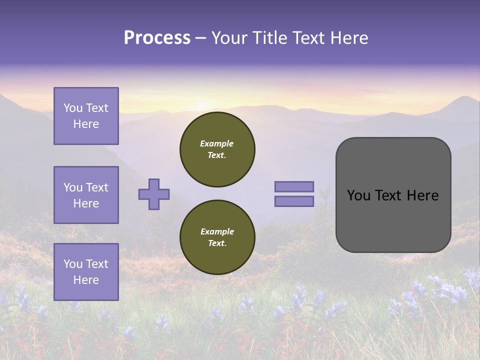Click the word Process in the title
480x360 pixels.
tap(157, 38)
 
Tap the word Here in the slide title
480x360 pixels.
tap(348, 38)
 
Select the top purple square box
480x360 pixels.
tap(86, 116)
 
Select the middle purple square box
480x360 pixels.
tap(86, 195)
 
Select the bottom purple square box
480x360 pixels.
tap(86, 272)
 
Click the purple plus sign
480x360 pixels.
tap(154, 194)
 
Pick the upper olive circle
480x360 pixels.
tap(217, 149)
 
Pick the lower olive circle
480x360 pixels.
tap(217, 237)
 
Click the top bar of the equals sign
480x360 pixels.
tap(294, 186)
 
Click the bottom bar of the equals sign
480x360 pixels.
tap(294, 201)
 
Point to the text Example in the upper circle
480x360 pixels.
tap(217, 143)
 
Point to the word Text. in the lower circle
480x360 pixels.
tap(217, 243)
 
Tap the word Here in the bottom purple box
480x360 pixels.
tap(86, 280)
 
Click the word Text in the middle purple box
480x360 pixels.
tap(96, 187)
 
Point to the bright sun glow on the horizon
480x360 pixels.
tap(202, 105)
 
